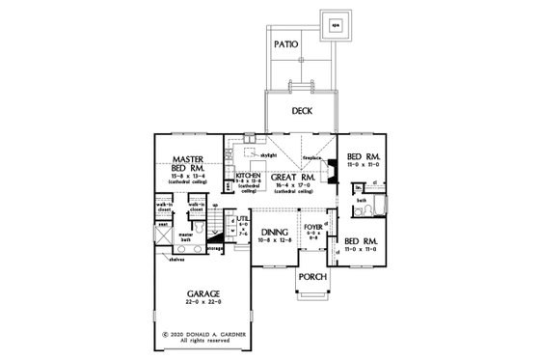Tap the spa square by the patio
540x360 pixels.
(337, 27)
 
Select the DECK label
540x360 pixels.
(302, 110)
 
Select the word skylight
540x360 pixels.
(266, 154)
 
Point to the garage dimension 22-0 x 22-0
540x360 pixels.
(187, 308)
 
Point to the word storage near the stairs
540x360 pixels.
(214, 247)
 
